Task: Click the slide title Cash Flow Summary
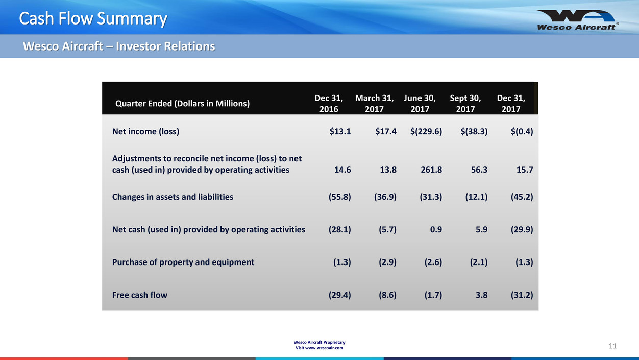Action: (93, 19)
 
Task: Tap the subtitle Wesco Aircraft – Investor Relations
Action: (119, 46)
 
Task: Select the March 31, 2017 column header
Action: (374, 103)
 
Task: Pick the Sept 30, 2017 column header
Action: (465, 103)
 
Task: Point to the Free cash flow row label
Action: (139, 295)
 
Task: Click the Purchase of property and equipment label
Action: (183, 262)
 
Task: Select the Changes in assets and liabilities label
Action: (173, 197)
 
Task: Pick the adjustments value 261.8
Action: (430, 170)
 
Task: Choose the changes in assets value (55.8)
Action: (340, 197)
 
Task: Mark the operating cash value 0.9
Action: (436, 229)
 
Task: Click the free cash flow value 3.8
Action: (481, 295)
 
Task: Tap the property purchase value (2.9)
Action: (385, 262)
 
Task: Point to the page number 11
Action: (612, 346)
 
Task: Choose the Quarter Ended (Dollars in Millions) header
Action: (182, 104)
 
